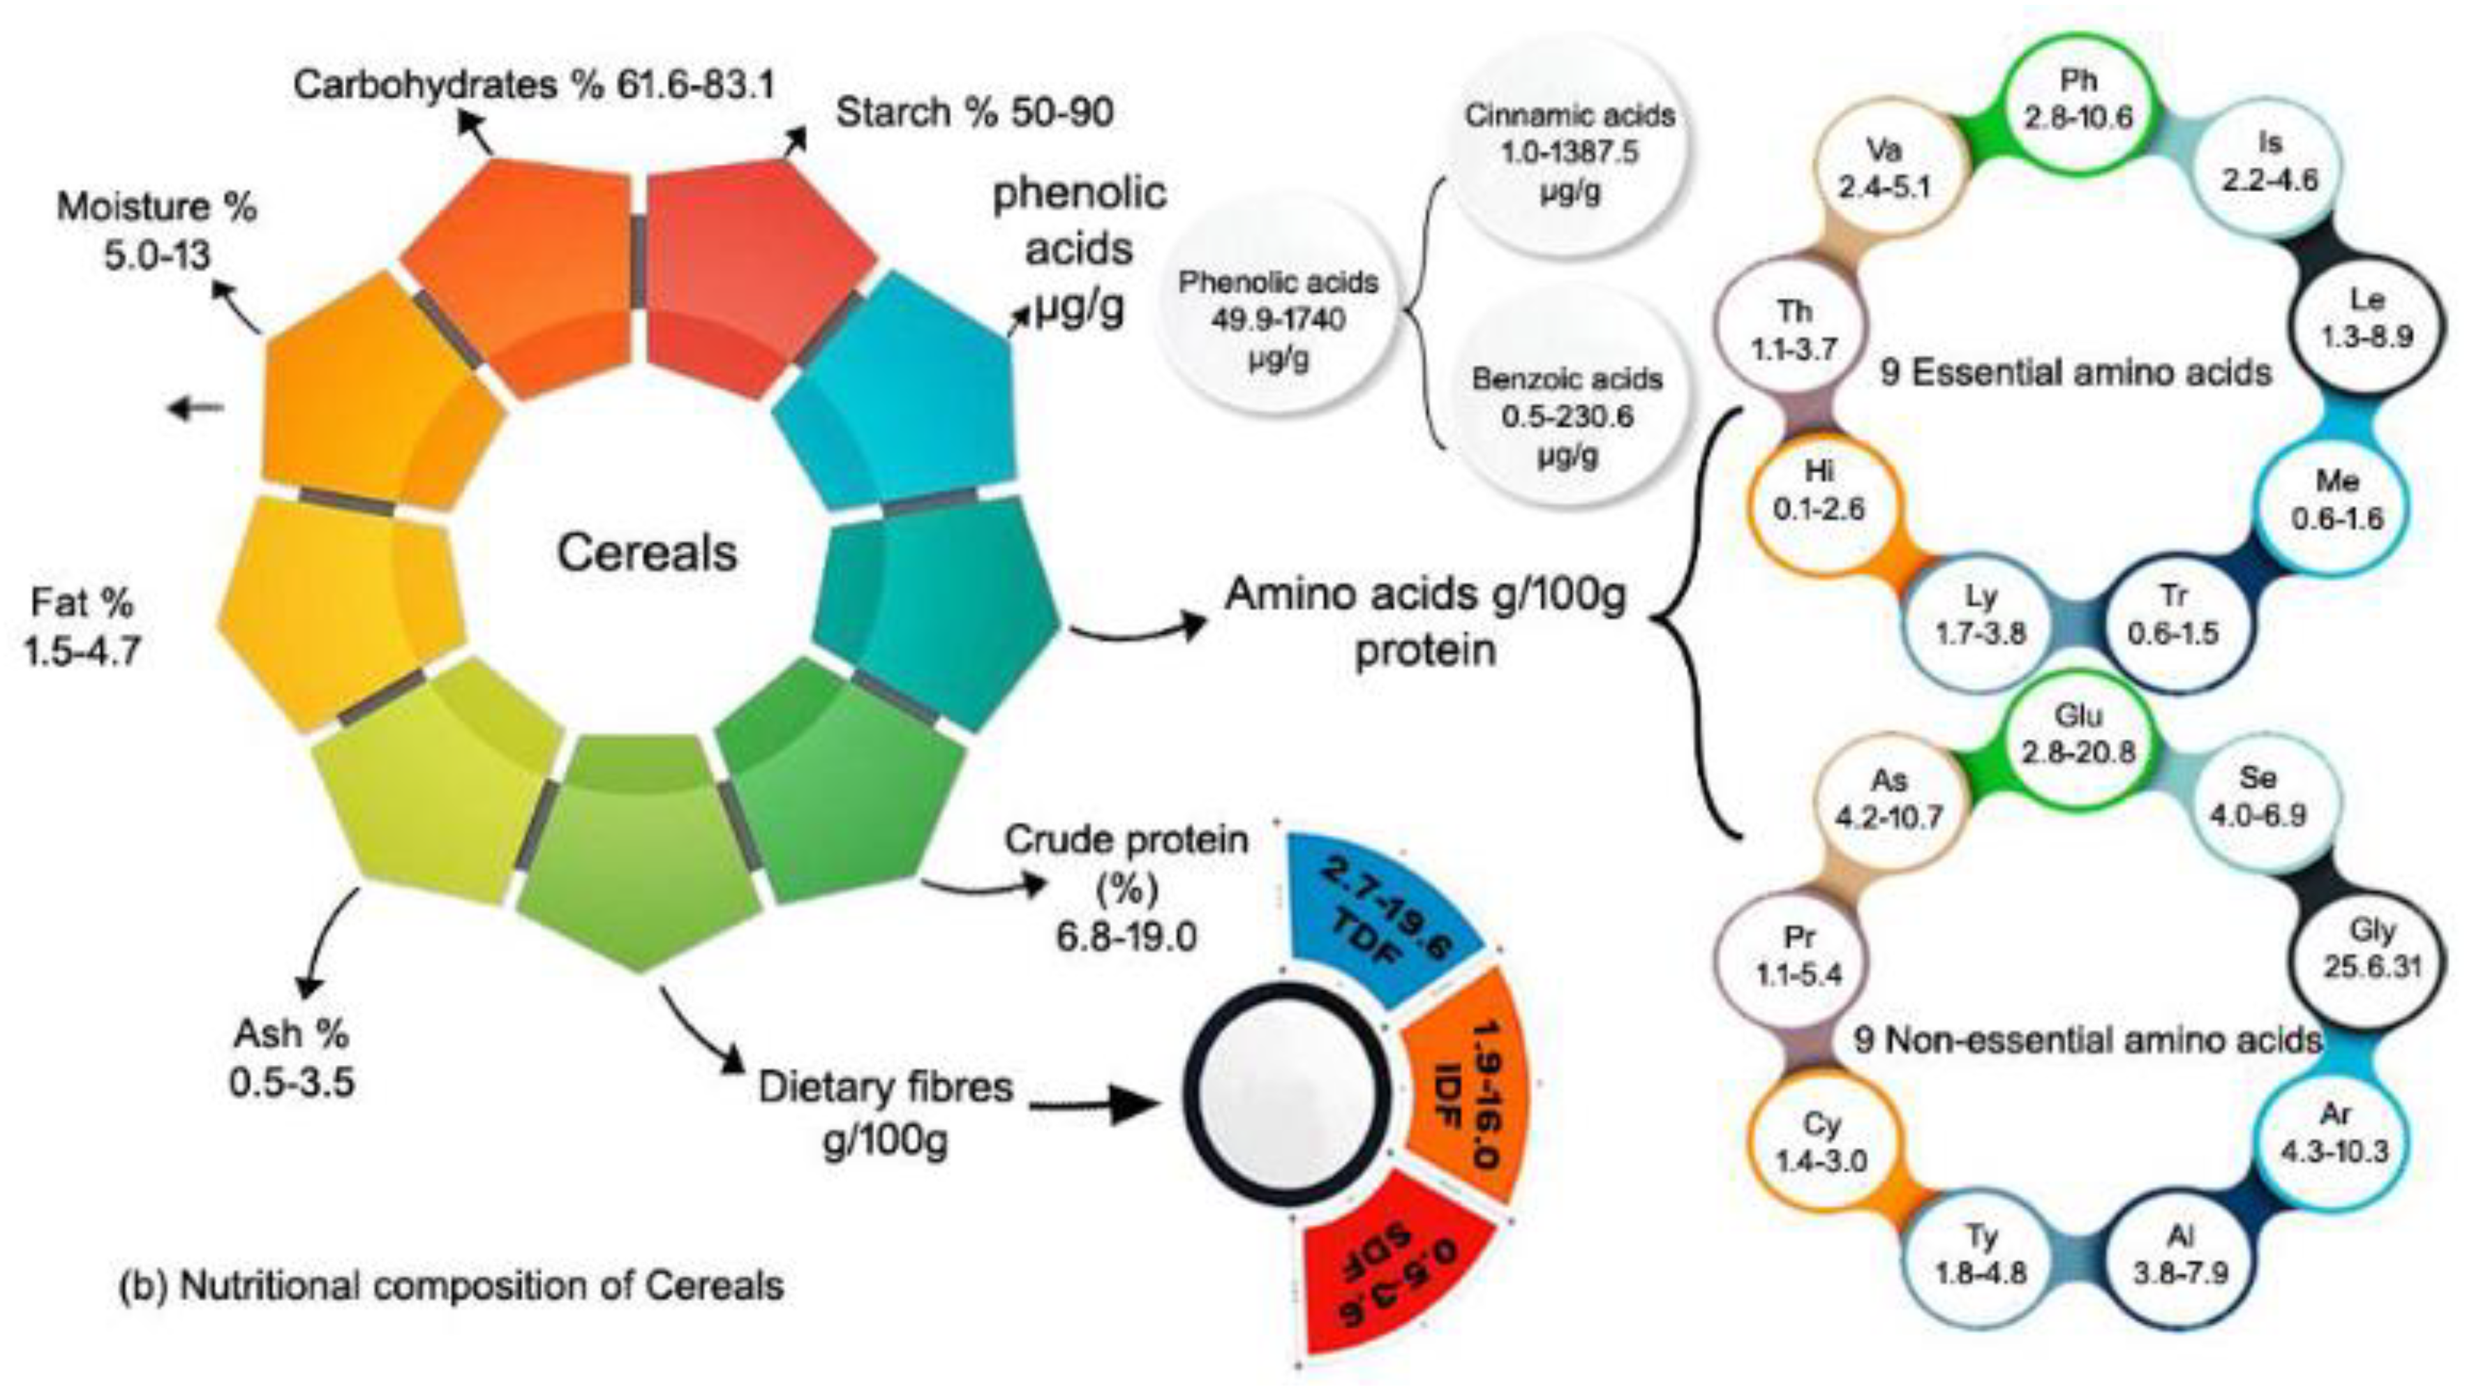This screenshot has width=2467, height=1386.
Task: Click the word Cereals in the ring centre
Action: pyautogui.click(x=648, y=553)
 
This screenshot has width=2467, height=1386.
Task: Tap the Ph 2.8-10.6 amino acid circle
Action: pyautogui.click(x=2077, y=100)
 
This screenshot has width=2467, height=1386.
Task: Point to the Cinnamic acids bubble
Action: pyautogui.click(x=1569, y=154)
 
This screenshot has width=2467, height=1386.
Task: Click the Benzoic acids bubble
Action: pyautogui.click(x=1567, y=417)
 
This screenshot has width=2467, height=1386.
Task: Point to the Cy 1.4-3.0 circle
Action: pyautogui.click(x=1821, y=1142)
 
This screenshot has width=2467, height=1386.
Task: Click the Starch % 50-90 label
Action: pyautogui.click(x=974, y=113)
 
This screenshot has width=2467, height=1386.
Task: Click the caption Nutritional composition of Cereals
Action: pyautogui.click(x=450, y=1286)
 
